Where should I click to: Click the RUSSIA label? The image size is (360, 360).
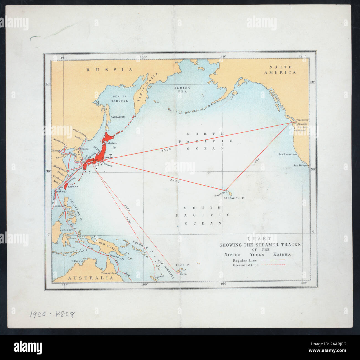pyautogui.click(x=109, y=70)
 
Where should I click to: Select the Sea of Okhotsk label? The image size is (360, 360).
pyautogui.click(x=120, y=99)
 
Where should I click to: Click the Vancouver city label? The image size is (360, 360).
pyautogui.click(x=302, y=120)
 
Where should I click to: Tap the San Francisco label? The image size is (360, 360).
pyautogui.click(x=288, y=155)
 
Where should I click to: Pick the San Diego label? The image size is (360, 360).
pyautogui.click(x=300, y=166)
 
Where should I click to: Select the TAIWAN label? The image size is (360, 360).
pyautogui.click(x=73, y=187)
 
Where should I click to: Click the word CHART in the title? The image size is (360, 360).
pyautogui.click(x=259, y=239)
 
